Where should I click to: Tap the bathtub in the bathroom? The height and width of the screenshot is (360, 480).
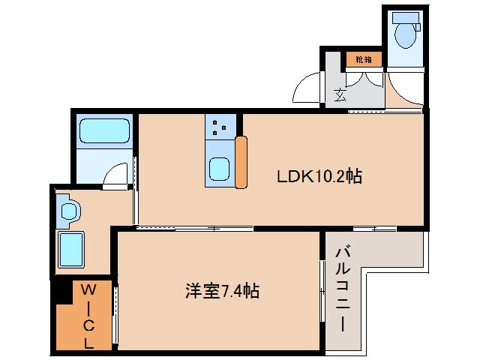point(104,131)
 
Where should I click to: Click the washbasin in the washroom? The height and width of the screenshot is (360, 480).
point(70,210)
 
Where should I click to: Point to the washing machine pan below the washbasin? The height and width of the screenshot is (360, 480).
point(72,247)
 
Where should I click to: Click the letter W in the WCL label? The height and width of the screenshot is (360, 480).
point(88,289)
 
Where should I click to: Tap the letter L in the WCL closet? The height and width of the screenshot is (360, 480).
point(88,343)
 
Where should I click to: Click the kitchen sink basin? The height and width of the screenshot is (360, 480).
point(220,170)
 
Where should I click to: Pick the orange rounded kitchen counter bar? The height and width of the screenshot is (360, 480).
point(241,162)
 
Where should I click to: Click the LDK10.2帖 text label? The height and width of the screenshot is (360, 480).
point(320,177)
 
